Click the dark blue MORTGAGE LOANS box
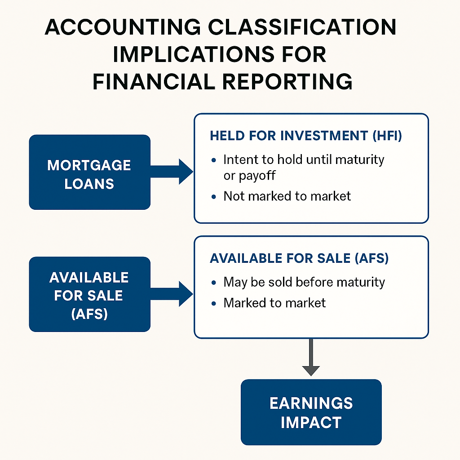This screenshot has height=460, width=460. coord(89,172)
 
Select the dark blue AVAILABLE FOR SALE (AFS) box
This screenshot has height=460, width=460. coord(89,295)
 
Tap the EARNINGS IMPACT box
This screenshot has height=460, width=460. coord(311,412)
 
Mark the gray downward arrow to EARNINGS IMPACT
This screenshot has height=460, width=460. coord(311,357)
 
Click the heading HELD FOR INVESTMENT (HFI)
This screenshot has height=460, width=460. coord(305,136)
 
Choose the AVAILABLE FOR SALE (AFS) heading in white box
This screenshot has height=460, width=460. coord(299,258)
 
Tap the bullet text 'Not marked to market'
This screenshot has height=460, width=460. coord(287,196)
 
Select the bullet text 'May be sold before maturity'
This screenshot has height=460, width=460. coord(304,282)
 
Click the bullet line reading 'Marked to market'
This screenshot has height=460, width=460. coord(274,303)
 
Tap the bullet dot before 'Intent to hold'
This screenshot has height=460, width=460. coord(214,160)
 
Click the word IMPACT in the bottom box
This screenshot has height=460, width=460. coord(311,422)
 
